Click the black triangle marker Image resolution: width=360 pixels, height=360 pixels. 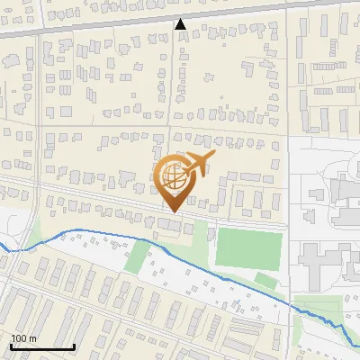pos(181,24)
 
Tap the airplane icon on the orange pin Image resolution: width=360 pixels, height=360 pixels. pos(197,163)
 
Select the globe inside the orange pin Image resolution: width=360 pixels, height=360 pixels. pos(175,178)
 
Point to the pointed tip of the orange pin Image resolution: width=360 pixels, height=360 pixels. pos(171,211)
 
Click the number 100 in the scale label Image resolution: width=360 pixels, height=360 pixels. pos(18,338)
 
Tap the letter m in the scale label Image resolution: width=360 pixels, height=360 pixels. pos(31,338)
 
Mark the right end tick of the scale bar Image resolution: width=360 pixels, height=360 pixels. pos(74,346)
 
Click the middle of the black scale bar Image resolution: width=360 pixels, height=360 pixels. pos(41,347)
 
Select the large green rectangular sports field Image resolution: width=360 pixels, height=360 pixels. pos(248,247)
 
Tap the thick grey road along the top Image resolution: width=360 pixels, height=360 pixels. pos(90,28)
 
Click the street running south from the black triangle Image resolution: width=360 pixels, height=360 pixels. pos(178,90)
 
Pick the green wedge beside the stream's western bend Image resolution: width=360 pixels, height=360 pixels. pos(34,236)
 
